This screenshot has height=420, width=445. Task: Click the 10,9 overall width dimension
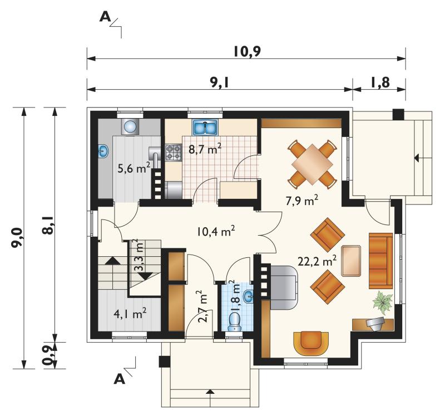[247, 52]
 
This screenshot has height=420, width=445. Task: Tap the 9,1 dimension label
[219, 82]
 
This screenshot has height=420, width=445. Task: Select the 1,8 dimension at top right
[380, 82]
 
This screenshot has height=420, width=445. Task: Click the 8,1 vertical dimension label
[48, 225]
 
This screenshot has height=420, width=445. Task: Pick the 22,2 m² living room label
[317, 261]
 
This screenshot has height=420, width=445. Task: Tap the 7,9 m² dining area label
[301, 201]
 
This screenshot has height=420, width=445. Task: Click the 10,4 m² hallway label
[216, 231]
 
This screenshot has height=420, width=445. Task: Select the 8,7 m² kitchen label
[205, 149]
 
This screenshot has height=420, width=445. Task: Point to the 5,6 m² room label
[133, 168]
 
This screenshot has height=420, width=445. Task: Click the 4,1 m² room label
[130, 314]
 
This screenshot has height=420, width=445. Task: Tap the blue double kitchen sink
[205, 127]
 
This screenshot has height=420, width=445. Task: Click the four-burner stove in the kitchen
[174, 152]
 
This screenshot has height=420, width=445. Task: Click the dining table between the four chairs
[312, 164]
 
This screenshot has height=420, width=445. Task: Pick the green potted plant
[383, 303]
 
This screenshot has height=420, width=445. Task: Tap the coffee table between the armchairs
[351, 261]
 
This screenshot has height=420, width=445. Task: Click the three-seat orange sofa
[381, 261]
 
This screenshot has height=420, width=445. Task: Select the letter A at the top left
[105, 17]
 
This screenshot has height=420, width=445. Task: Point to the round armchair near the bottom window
[311, 343]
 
